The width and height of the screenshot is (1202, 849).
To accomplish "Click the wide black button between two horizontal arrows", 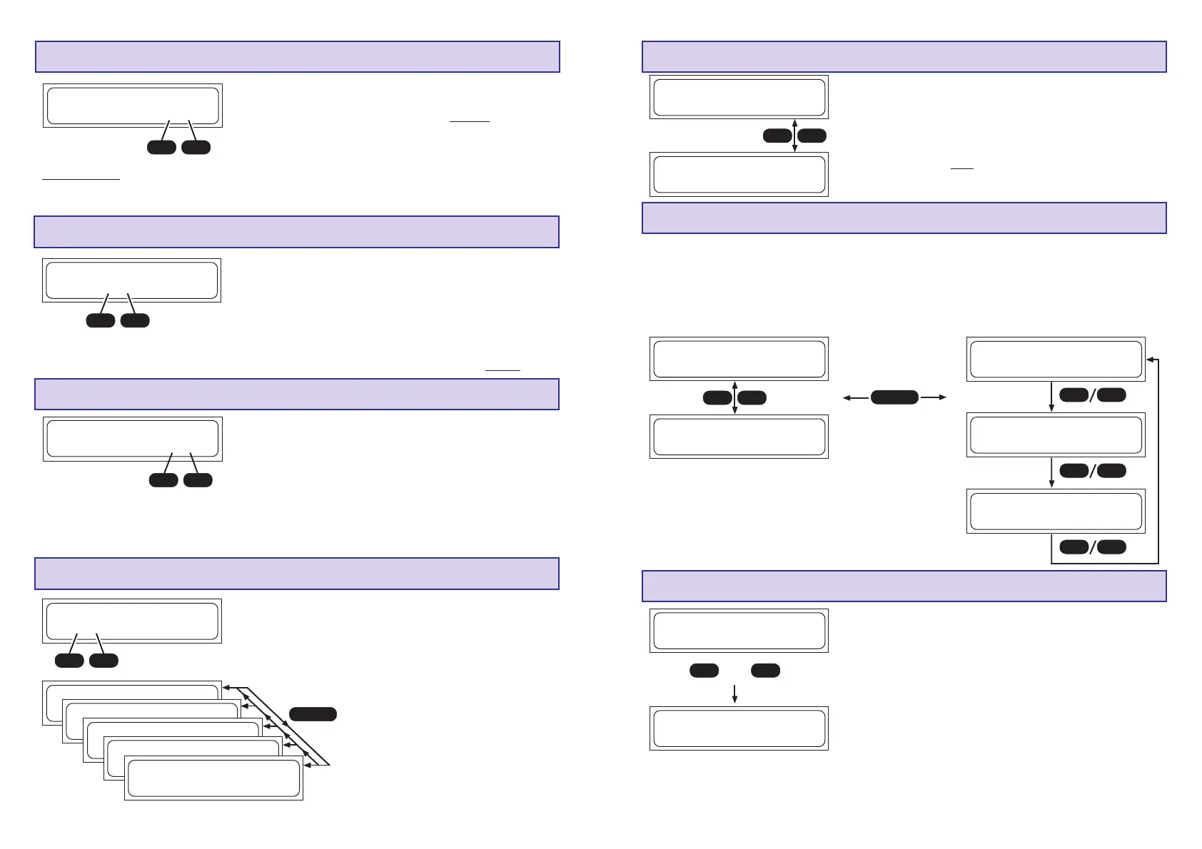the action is pos(894,397).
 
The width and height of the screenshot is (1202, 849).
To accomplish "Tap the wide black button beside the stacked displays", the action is pos(313,713).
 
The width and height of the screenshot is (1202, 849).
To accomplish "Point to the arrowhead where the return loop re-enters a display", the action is pos(1149,359).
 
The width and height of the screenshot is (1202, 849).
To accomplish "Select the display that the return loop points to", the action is pos(1056,359).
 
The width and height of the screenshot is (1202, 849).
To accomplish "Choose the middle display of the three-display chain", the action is pos(1056,434).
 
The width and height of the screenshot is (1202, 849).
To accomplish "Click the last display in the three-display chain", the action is pos(1056,511).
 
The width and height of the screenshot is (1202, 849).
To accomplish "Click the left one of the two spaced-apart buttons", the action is pos(704,671).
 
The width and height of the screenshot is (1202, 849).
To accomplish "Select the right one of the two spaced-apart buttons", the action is pos(765,671).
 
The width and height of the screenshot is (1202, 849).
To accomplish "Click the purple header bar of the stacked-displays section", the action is pos(296,574).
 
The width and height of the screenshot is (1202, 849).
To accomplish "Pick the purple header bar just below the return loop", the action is pos(904,586).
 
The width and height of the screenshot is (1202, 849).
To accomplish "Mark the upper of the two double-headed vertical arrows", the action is pos(794,136).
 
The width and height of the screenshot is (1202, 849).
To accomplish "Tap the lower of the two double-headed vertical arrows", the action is pos(734,397).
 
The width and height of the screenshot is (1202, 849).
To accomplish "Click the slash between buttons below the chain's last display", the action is pos(1092,547).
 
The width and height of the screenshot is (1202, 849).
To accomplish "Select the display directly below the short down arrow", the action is pos(739,728).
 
